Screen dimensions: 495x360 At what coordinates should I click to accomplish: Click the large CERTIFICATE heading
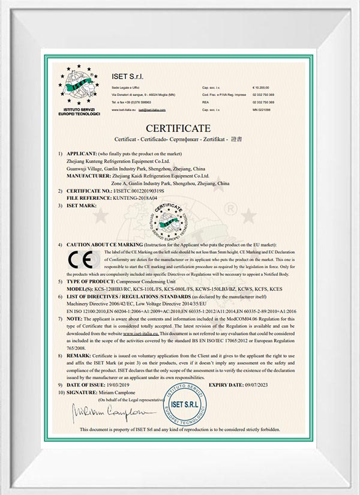(x=178, y=128)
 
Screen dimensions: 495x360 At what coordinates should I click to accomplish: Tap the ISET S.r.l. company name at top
(x=127, y=76)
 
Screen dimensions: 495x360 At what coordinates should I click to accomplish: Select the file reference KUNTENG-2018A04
(x=137, y=197)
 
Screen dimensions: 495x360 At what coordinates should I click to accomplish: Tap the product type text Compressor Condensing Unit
(x=146, y=281)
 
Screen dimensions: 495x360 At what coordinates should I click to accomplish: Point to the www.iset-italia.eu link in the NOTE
(x=166, y=332)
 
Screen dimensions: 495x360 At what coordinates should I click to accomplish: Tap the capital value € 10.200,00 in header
(x=262, y=88)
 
